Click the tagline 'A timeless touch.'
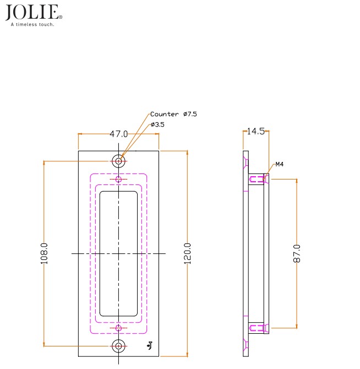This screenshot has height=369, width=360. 32,24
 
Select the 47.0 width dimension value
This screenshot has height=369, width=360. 119,134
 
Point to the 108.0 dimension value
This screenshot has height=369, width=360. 44,253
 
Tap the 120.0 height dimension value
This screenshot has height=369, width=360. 187,253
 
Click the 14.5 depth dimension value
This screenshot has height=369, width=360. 256,131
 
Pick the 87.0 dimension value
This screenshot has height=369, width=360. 297,253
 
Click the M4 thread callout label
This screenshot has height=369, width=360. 280,164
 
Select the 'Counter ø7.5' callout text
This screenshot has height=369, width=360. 173,114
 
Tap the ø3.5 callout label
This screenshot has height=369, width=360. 157,124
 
